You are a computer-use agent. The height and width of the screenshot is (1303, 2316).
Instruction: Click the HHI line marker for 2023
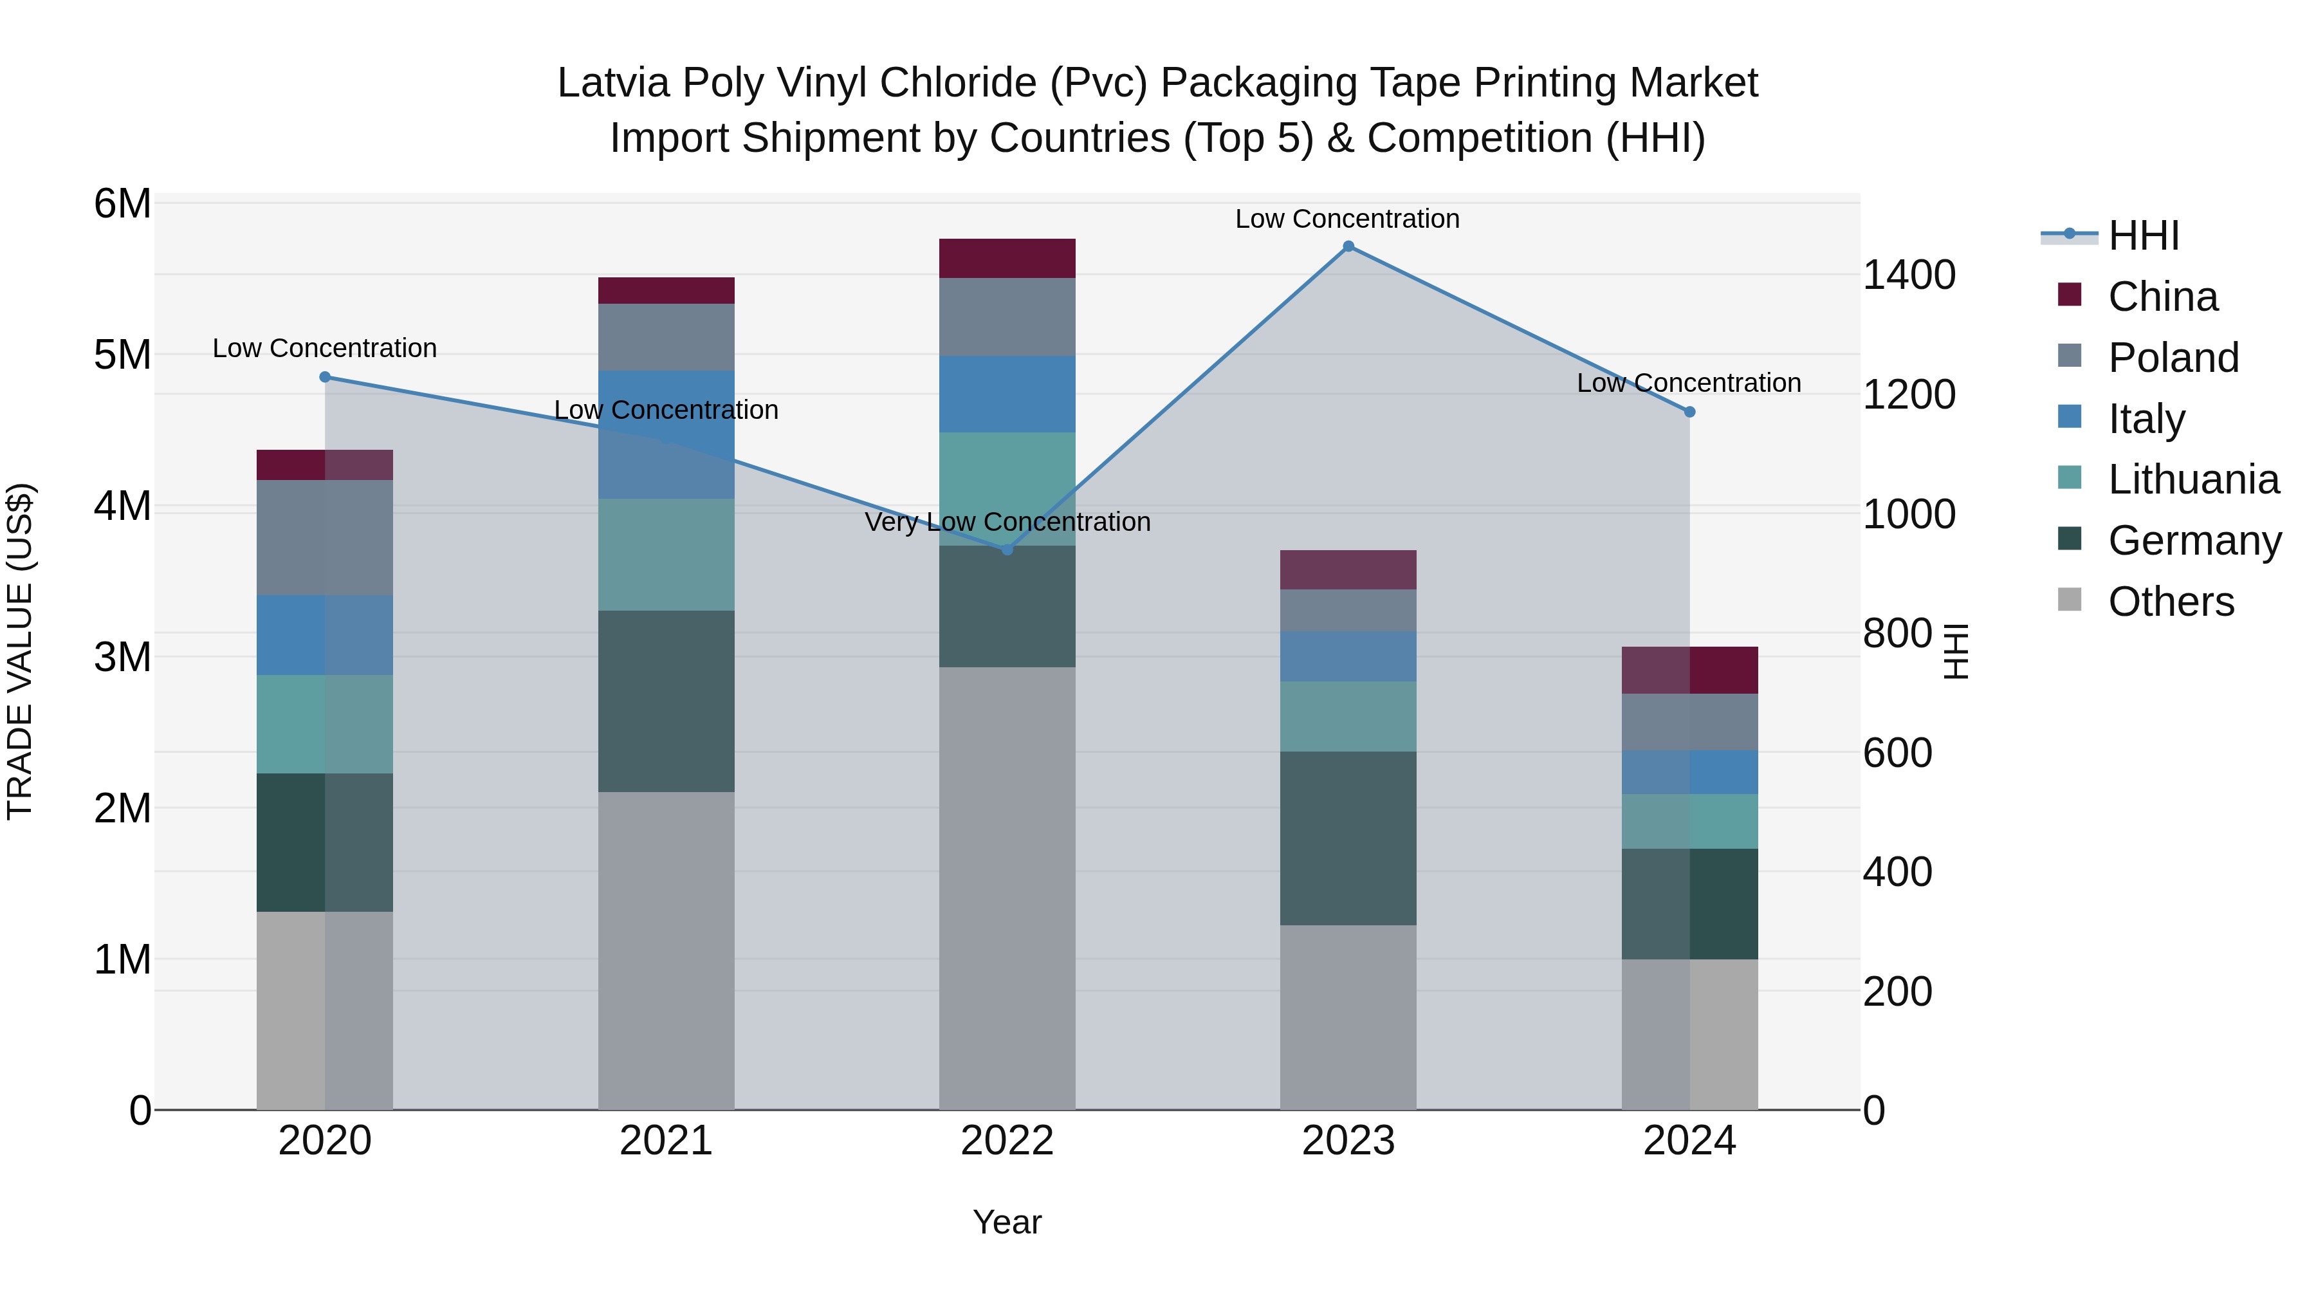pos(1348,246)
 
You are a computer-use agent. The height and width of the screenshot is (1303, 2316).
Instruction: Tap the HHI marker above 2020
pos(325,378)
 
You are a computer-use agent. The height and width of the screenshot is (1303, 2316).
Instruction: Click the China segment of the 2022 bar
pos(1007,258)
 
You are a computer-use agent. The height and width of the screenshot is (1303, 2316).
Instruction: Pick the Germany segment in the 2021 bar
pos(666,701)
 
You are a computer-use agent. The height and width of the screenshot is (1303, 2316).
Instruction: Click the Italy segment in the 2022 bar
pos(1007,394)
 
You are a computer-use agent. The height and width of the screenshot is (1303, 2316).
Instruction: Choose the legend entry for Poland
pos(2172,358)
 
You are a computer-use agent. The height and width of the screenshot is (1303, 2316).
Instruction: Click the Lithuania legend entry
pos(2193,479)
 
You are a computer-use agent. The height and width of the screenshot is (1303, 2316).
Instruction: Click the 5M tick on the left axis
pos(122,355)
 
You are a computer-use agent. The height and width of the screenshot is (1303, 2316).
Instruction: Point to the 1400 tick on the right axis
pos(1908,275)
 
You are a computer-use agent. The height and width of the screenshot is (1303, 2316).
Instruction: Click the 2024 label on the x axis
pos(1689,1141)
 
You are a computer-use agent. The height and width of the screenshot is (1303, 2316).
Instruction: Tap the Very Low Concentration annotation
pos(1007,522)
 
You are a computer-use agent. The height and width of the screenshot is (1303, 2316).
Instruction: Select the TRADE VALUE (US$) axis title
pos(20,651)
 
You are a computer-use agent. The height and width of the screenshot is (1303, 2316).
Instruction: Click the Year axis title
pos(1007,1222)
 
